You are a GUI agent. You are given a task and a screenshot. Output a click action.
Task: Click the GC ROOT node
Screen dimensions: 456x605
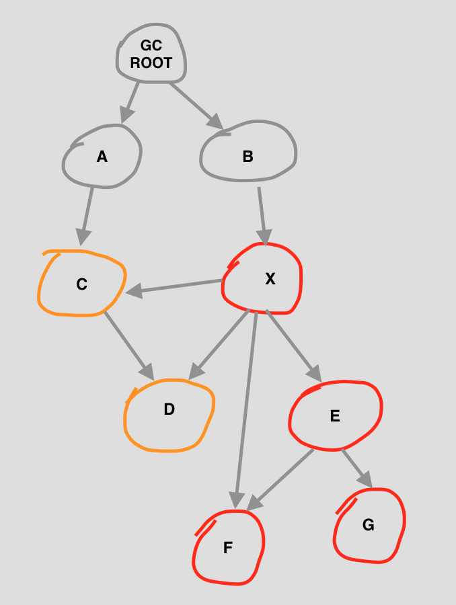point(151,53)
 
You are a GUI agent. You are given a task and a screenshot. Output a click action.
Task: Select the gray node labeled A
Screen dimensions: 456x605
point(102,156)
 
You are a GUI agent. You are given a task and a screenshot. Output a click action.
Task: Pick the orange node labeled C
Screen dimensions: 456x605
point(81,284)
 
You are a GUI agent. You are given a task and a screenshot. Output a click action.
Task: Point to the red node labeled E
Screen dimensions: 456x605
point(336,415)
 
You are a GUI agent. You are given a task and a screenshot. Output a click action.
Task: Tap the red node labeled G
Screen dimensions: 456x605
point(369,526)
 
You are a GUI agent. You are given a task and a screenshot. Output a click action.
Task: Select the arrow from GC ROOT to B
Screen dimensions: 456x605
point(196,106)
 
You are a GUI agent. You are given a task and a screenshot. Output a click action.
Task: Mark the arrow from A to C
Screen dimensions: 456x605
point(86,216)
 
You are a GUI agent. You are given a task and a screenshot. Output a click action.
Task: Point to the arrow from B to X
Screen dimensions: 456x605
point(262,216)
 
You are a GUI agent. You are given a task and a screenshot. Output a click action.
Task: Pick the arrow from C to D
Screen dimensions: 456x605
point(129,346)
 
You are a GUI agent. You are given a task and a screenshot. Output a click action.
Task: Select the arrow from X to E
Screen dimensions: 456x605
point(294,346)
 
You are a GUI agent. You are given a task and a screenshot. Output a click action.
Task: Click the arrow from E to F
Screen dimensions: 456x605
point(280,480)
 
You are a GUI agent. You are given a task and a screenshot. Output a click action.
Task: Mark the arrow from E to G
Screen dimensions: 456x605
point(357,469)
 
